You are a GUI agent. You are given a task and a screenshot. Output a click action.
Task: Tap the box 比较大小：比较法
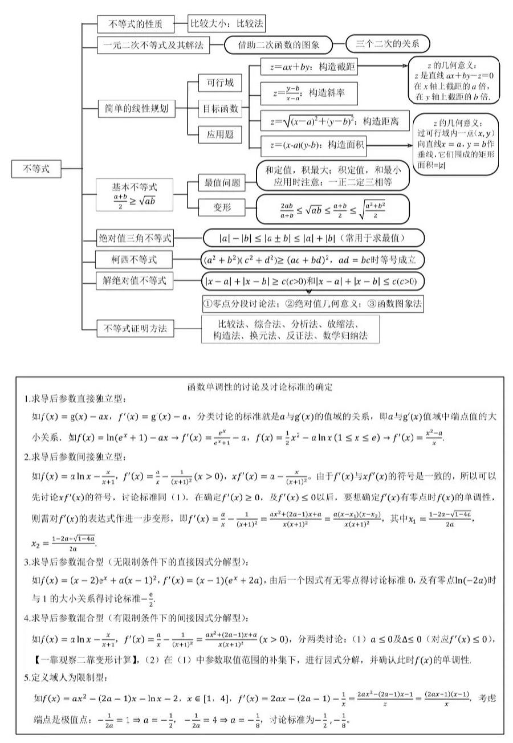click(x=227, y=24)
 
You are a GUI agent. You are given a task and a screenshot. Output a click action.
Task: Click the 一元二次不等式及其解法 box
click(x=153, y=45)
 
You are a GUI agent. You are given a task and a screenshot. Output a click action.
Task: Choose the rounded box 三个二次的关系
click(x=388, y=44)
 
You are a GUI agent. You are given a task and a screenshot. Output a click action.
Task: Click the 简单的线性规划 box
click(x=136, y=109)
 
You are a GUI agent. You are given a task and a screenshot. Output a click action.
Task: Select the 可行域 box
click(x=220, y=83)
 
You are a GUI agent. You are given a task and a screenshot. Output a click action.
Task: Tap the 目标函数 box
click(x=221, y=109)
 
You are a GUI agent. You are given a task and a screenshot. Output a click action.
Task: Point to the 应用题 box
click(x=220, y=134)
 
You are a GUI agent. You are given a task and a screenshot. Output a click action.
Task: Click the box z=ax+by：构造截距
click(x=309, y=68)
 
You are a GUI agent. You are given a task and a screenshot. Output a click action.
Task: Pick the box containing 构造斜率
click(x=309, y=93)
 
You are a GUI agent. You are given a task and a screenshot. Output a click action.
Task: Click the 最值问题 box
click(x=222, y=183)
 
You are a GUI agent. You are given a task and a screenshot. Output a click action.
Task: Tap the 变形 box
click(x=222, y=208)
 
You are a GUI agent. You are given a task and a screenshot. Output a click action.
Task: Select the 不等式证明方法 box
click(x=135, y=328)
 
